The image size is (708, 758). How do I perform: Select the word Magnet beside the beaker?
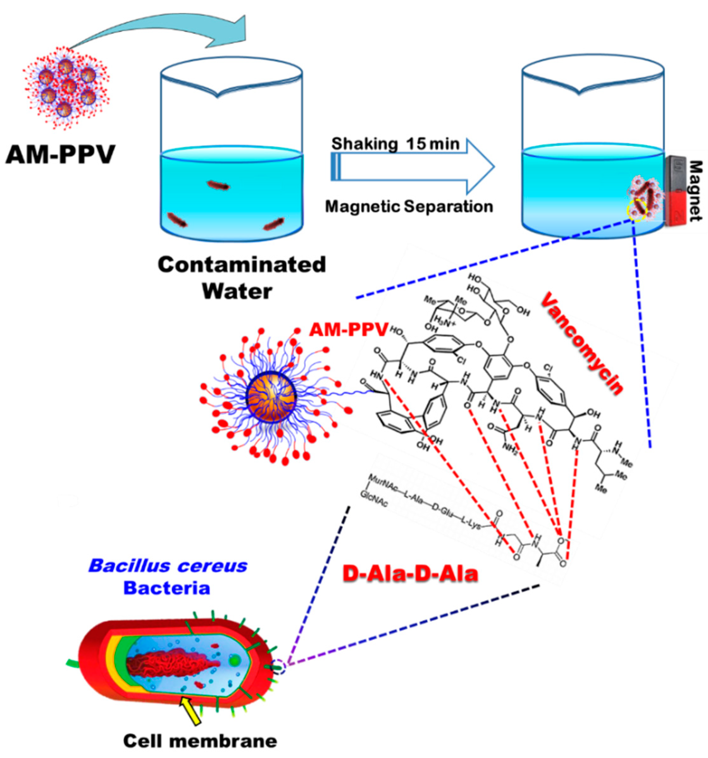(x=695, y=191)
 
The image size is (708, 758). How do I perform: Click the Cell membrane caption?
(x=200, y=741)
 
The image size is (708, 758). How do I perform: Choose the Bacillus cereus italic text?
(x=168, y=566)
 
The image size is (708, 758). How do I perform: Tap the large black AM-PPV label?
(x=60, y=155)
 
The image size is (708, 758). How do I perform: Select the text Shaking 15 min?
(x=395, y=144)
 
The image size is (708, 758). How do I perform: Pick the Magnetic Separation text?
(x=409, y=207)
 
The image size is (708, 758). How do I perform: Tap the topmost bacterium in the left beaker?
(x=218, y=186)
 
